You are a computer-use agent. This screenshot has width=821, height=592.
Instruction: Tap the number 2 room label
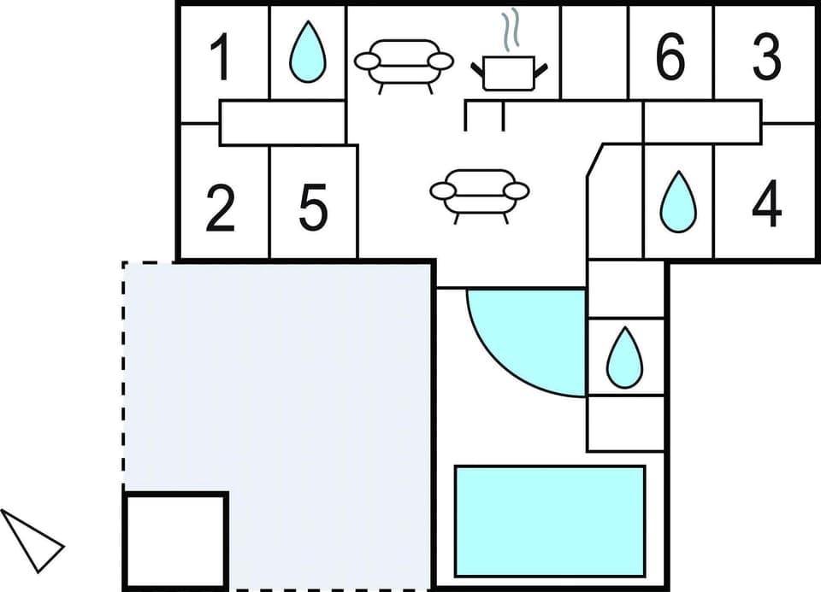221,209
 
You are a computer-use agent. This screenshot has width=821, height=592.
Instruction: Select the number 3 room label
767,56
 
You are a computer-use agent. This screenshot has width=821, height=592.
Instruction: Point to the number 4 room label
767,205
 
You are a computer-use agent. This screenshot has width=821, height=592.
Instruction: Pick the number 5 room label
313,209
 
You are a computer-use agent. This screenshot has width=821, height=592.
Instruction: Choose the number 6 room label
670,56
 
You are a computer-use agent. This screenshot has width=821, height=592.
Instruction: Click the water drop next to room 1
307,53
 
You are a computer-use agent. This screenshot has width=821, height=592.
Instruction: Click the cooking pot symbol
509,72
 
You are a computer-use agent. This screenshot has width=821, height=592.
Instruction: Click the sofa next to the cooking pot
404,65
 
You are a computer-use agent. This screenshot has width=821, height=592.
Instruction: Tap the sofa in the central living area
479,194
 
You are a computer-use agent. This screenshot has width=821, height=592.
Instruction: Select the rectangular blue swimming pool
549,521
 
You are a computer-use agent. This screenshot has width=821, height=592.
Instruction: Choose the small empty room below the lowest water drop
626,423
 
